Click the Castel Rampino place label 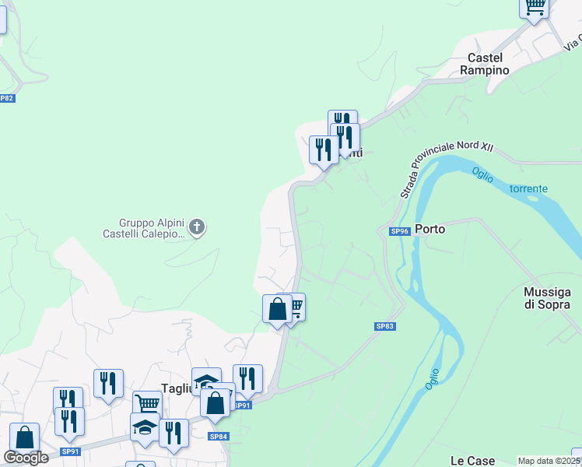coord(488,64)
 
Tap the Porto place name coord(429,230)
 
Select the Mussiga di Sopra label coord(547,298)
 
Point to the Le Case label coord(473,461)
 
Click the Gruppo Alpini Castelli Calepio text coord(145,228)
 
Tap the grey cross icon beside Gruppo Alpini coord(197,227)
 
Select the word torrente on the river coord(528,189)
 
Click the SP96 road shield coord(399,231)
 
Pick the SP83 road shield coord(385,326)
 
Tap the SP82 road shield coord(6,98)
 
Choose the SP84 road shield coord(219,437)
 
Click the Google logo coord(26,458)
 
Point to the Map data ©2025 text coord(549,461)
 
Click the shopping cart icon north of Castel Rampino coord(535,6)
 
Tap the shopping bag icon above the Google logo coord(24,437)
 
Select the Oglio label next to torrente coord(482,176)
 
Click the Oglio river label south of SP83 coord(433,379)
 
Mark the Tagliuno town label coord(177,389)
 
